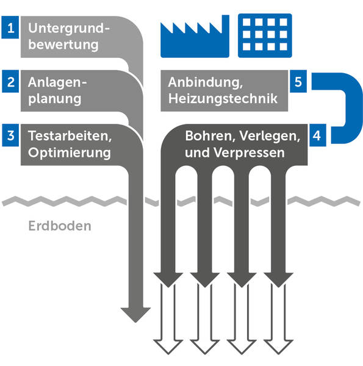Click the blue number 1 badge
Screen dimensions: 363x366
[x=10, y=27]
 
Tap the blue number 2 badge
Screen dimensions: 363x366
[x=10, y=81]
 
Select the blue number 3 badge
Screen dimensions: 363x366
[x=10, y=135]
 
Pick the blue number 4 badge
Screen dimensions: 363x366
[x=318, y=135]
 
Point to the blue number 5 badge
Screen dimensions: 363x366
[x=298, y=81]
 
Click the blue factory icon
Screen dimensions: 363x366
[x=195, y=36]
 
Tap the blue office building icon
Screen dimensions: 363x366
[x=265, y=35]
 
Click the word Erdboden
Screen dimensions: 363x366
[x=60, y=226]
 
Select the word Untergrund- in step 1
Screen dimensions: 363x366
[x=69, y=29]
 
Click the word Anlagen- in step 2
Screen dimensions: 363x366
[x=57, y=82]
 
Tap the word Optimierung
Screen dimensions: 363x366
[x=70, y=153]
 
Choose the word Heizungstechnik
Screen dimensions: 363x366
[x=223, y=99]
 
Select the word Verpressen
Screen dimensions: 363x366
[x=250, y=153]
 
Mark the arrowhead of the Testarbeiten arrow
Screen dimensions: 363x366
[x=135, y=315]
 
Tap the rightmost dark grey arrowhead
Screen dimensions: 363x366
[x=278, y=280]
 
